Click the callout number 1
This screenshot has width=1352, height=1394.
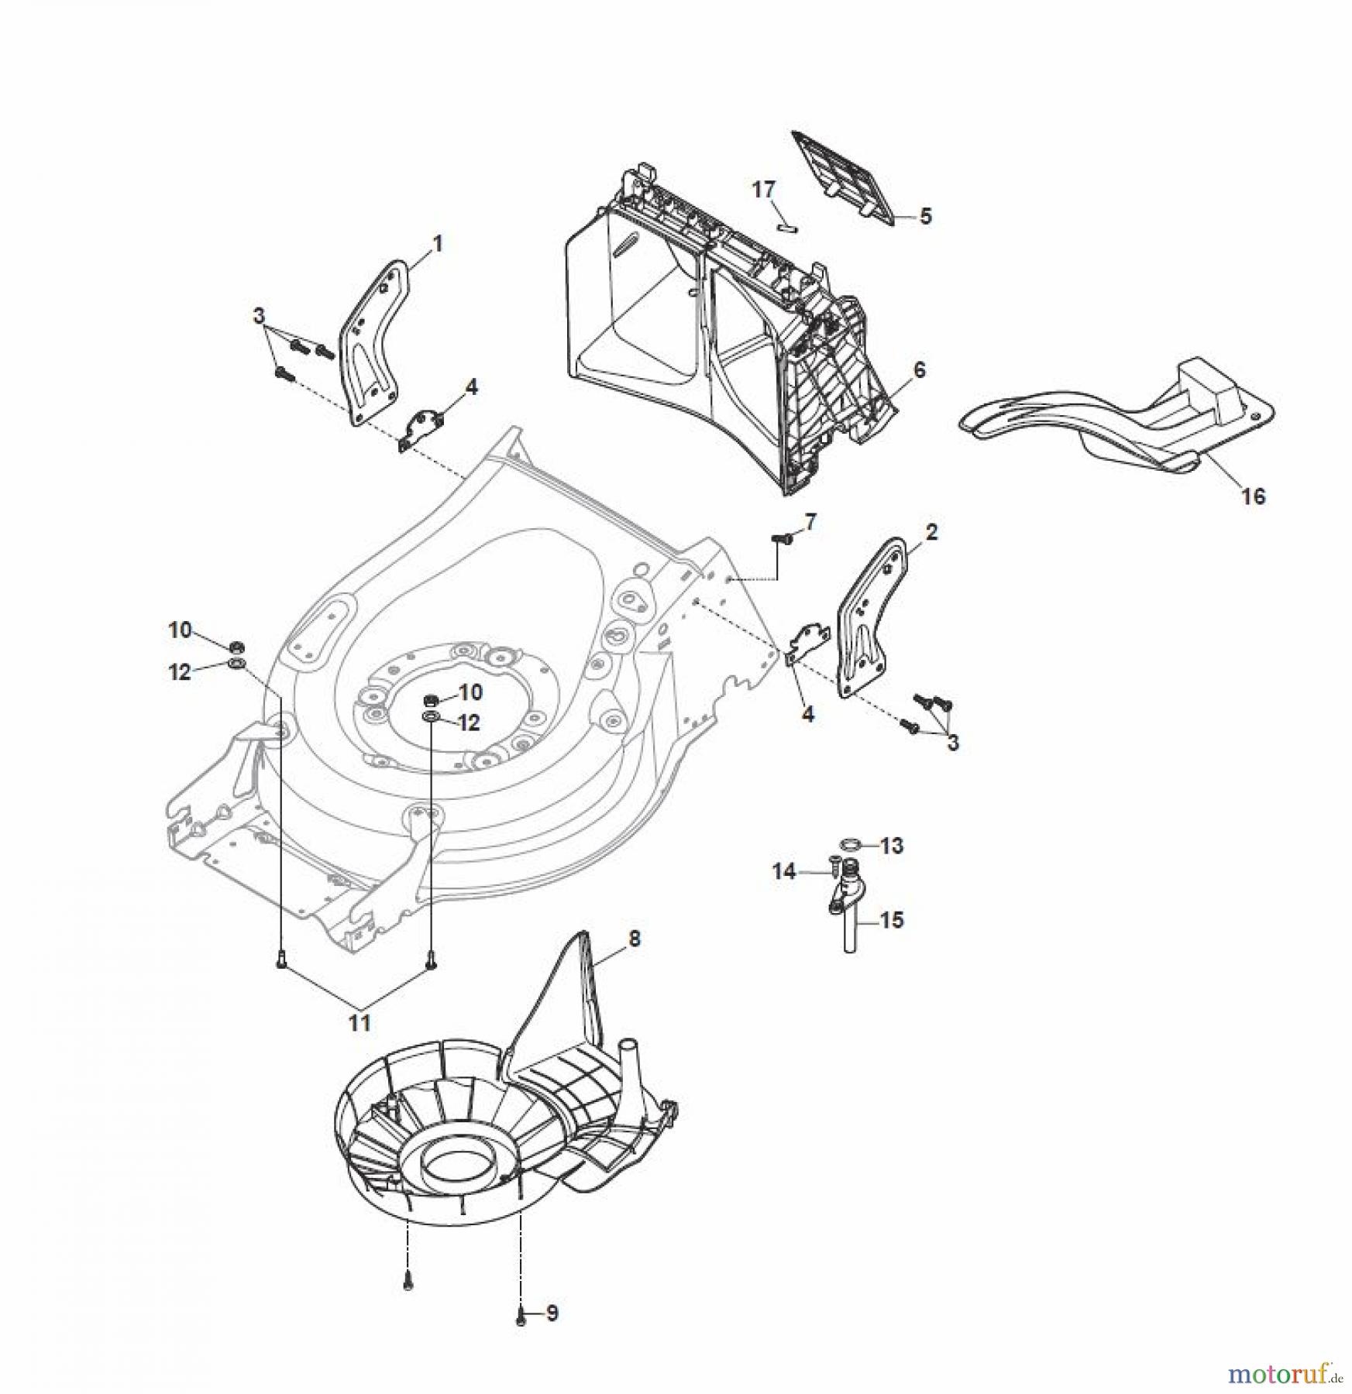[437, 245]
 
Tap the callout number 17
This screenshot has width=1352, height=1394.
[763, 189]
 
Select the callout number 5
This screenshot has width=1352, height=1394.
[926, 216]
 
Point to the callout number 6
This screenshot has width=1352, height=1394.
[919, 369]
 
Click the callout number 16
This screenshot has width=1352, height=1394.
[1253, 496]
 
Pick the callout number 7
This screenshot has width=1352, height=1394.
[810, 523]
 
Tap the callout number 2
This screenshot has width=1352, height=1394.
[931, 532]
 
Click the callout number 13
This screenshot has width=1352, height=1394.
[892, 846]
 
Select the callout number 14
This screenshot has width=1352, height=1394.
[783, 872]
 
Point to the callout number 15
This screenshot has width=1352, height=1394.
[892, 920]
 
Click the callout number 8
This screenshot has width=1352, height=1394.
[635, 939]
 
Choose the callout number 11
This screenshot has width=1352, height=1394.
[359, 1022]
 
